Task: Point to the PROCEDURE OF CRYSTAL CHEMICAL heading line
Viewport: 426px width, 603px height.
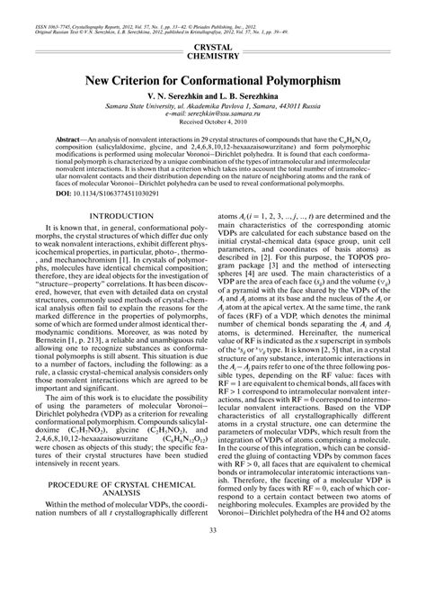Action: point(113,535)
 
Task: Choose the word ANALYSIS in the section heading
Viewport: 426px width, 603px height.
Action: point(113,544)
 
